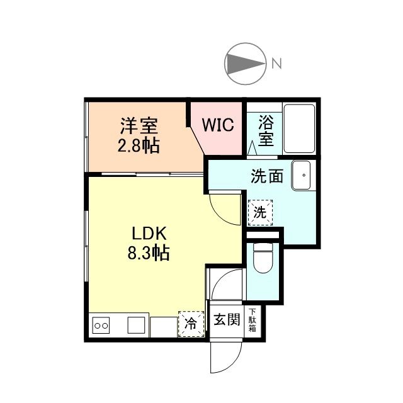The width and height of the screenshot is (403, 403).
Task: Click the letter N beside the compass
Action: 276,63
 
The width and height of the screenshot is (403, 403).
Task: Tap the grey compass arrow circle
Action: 244,63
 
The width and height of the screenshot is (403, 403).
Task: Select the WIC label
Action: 217,125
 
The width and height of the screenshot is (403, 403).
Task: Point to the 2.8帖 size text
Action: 139,146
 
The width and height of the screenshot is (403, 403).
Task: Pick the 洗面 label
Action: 267,176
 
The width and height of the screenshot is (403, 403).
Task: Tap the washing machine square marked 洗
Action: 260,212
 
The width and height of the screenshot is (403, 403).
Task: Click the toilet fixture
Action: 261,259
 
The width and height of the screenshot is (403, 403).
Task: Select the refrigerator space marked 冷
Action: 191,324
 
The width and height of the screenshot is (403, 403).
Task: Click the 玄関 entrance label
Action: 226,320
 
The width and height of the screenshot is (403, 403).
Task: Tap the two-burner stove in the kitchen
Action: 101,326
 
